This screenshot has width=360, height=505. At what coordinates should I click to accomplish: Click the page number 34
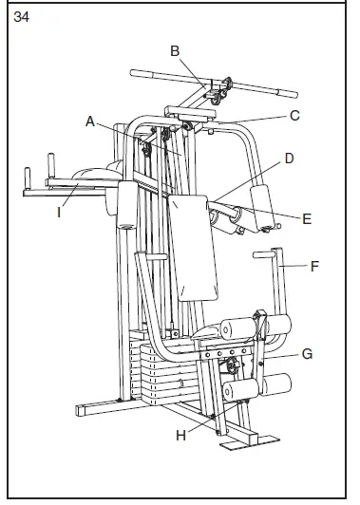coord(21,16)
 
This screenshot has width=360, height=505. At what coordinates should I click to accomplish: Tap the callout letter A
coord(90,121)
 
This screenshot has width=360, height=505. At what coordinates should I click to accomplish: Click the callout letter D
coord(288,159)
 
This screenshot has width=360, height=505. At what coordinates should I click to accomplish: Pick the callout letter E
coord(307,218)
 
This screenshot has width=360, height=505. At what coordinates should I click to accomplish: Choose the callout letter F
coord(314,266)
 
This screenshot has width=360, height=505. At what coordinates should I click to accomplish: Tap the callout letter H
coord(180,435)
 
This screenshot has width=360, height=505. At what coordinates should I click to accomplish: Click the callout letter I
coord(58,213)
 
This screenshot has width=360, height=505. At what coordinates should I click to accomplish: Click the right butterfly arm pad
coord(260,204)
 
